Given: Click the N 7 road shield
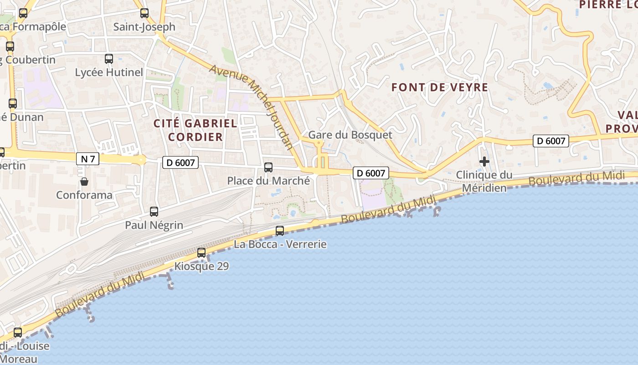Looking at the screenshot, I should click(87, 159).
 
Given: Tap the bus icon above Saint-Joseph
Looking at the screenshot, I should click(144, 13).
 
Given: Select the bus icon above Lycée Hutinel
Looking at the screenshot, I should click(109, 59).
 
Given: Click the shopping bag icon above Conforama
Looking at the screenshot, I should click(84, 182).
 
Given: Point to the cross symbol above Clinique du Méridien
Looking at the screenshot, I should click(484, 162).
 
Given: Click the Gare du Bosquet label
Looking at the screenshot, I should click(350, 135).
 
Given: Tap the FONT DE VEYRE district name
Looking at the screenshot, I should click(440, 87).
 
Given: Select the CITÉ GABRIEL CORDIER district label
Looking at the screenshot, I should click(196, 130).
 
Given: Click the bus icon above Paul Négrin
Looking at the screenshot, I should click(154, 212).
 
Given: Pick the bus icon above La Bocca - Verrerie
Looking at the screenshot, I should click(280, 231).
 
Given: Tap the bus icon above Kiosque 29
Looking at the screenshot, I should click(201, 253).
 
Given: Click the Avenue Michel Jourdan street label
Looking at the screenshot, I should click(251, 107).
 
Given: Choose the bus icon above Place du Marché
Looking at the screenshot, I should click(268, 167).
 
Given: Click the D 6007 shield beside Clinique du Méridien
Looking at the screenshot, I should click(551, 141).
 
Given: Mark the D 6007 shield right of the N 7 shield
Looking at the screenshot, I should click(180, 162).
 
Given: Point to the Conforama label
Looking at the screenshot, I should click(84, 195).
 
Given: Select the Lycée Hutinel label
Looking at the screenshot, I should click(109, 72).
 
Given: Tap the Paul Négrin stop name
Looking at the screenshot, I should click(154, 225).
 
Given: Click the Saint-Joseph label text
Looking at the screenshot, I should click(144, 26).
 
